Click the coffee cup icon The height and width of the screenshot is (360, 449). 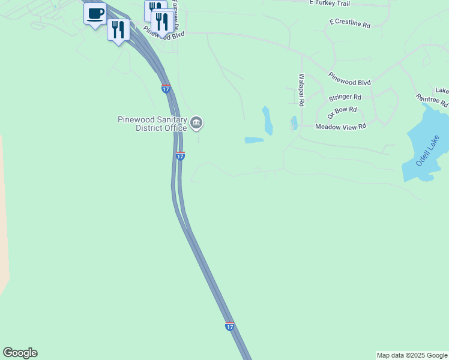pos(95,13)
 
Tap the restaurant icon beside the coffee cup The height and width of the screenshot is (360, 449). pos(118,29)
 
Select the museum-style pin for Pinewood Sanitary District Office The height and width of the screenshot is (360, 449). pos(196,124)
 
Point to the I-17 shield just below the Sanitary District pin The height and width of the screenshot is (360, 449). pos(180,156)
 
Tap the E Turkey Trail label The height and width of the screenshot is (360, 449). pos(329,3)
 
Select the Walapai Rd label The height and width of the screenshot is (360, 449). pos(302,90)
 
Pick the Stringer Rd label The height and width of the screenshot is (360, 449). pos(345,97)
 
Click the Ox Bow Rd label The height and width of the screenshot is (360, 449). pos(342,112)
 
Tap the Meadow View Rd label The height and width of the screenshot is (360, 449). pos(340,127)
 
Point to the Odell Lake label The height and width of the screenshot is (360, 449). pos(428,151)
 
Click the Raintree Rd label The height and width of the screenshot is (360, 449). pos(432,100)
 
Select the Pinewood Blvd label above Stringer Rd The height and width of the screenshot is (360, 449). pos(349,79)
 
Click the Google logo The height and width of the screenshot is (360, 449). pos(20,353)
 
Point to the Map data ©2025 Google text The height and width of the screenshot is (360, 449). pos(412,355)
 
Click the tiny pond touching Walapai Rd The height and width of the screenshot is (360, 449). pos(294,123)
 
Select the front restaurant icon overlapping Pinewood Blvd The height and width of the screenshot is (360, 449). pos(161,22)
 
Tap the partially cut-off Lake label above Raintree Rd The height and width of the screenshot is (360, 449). pos(442,91)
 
